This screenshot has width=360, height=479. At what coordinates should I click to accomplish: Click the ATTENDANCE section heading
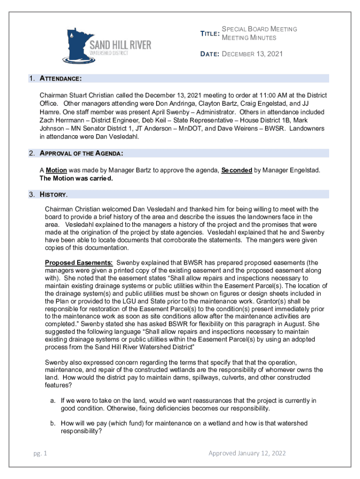[x=61, y=78]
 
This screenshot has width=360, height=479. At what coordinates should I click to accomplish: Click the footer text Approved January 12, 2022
[x=247, y=453]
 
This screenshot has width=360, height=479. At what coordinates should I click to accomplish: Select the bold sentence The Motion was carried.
[x=76, y=178]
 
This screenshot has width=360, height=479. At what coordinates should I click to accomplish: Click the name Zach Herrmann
[x=60, y=121]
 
